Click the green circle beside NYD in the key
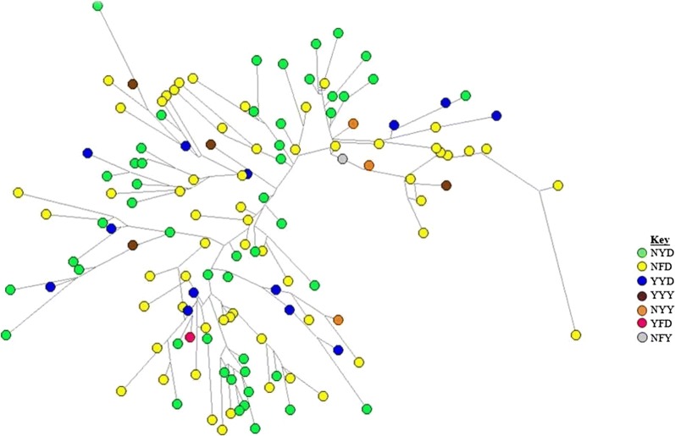[642, 252]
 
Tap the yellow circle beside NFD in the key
[642, 267]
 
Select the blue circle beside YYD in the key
[642, 281]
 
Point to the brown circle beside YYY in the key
[642, 295]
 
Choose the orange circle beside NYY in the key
[642, 310]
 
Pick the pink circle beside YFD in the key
[642, 324]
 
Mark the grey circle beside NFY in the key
[642, 339]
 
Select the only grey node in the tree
[342, 158]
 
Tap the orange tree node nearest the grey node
[368, 165]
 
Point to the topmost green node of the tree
[97, 6]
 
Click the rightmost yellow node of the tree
[576, 335]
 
